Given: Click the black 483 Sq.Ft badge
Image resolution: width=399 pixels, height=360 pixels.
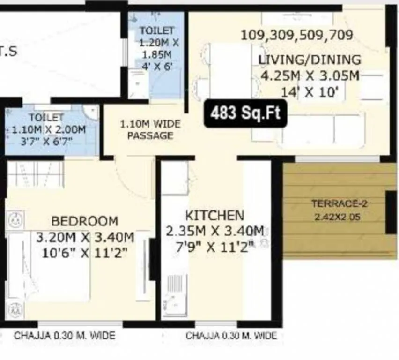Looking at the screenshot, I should coord(245,113).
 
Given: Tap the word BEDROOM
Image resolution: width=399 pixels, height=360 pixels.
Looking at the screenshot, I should coord(85,221).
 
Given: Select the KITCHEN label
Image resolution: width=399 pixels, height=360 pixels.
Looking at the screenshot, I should coord(215,216).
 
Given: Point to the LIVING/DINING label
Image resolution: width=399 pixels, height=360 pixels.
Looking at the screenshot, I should coord(310,60).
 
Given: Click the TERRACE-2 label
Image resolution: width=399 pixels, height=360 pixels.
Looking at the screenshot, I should coord(336,204).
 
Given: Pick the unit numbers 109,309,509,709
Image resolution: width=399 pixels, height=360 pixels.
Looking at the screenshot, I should coord(296,36).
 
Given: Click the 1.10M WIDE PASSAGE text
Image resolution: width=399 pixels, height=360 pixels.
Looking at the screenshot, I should coord(150,130).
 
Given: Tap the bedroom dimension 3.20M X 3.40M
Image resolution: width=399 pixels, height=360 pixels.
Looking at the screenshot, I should coord(85,237).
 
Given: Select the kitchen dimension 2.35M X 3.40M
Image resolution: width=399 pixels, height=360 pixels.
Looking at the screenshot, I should coord(215,231).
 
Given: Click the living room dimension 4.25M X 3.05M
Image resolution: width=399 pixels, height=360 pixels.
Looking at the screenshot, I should coord(310,76).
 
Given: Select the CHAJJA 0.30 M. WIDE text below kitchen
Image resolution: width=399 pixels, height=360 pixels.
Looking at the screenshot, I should coord(231,336).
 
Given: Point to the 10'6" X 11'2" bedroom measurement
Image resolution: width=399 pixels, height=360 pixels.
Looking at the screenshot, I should coord(85,253).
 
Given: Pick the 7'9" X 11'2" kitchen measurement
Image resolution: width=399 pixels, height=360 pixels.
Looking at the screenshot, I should coord(215,247).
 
